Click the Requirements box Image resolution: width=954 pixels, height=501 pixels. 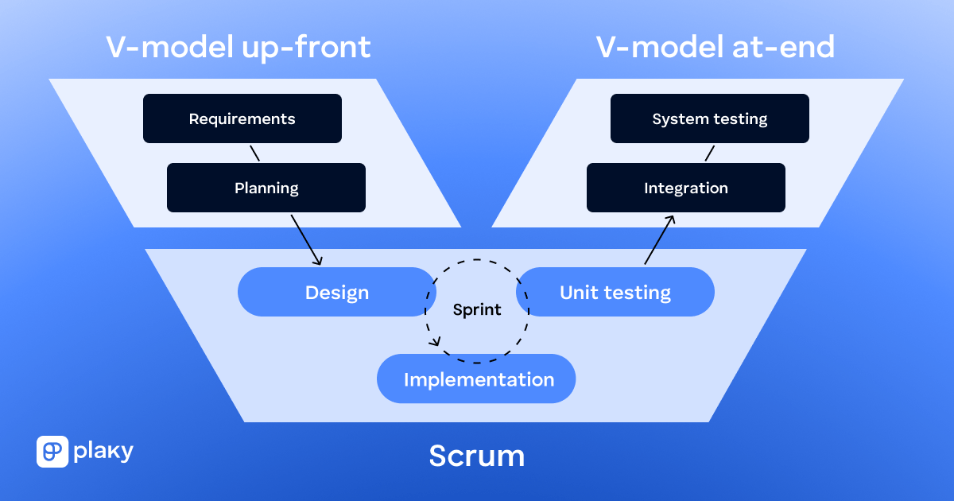(242, 119)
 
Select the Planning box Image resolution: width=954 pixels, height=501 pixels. (266, 188)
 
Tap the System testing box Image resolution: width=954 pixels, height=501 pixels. (709, 119)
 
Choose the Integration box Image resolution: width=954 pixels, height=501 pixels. (685, 188)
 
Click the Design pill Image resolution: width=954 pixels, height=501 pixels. (336, 292)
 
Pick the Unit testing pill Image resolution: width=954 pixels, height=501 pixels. (615, 292)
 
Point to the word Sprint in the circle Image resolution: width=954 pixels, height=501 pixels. (477, 310)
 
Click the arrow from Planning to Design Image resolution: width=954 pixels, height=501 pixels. (307, 239)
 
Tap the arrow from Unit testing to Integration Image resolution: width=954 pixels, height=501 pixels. (660, 239)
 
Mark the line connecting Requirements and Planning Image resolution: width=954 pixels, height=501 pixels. (254, 153)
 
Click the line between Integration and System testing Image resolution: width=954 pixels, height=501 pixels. (710, 153)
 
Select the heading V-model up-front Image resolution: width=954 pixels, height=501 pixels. (238, 48)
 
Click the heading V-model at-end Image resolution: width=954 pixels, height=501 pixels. (715, 48)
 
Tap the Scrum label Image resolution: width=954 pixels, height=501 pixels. (477, 456)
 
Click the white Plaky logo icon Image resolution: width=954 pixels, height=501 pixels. (52, 452)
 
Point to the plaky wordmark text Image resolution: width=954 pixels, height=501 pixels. (103, 452)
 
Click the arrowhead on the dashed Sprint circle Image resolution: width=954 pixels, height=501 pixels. (435, 343)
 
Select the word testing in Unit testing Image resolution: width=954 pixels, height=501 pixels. (638, 293)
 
